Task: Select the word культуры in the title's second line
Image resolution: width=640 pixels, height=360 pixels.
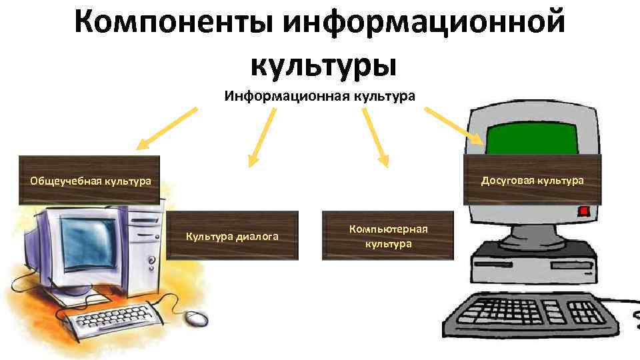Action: coord(324,65)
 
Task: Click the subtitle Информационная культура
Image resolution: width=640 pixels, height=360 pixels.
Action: coord(319,96)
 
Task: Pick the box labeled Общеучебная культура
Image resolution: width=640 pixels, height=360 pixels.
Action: coord(90,180)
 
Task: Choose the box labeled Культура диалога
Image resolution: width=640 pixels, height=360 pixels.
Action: coord(232,236)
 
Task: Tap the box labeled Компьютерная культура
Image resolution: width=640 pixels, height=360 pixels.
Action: coord(388,236)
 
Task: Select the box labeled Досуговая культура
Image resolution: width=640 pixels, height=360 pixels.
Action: coord(533,180)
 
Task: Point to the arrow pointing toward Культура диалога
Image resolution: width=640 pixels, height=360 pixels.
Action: coord(261,137)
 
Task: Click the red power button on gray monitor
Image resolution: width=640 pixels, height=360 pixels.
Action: coord(585,212)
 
